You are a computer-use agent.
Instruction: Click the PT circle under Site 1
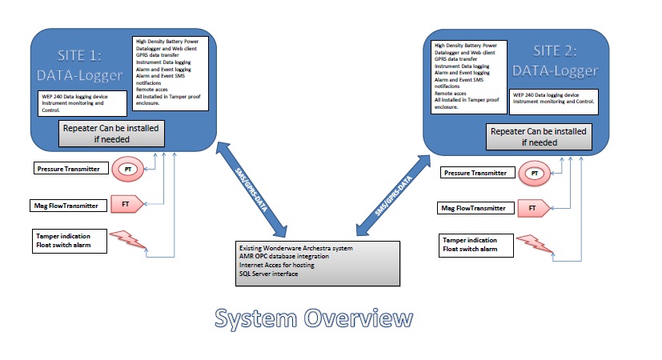click(126, 170)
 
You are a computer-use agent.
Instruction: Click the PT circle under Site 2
click(532, 173)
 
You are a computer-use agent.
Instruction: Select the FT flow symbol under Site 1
click(126, 205)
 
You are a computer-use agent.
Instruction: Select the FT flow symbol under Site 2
click(531, 209)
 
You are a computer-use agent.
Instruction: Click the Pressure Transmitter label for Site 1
click(70, 170)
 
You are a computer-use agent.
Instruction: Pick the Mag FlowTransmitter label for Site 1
click(69, 206)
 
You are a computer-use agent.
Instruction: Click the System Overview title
click(314, 319)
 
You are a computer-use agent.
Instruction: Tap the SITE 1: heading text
click(80, 57)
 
